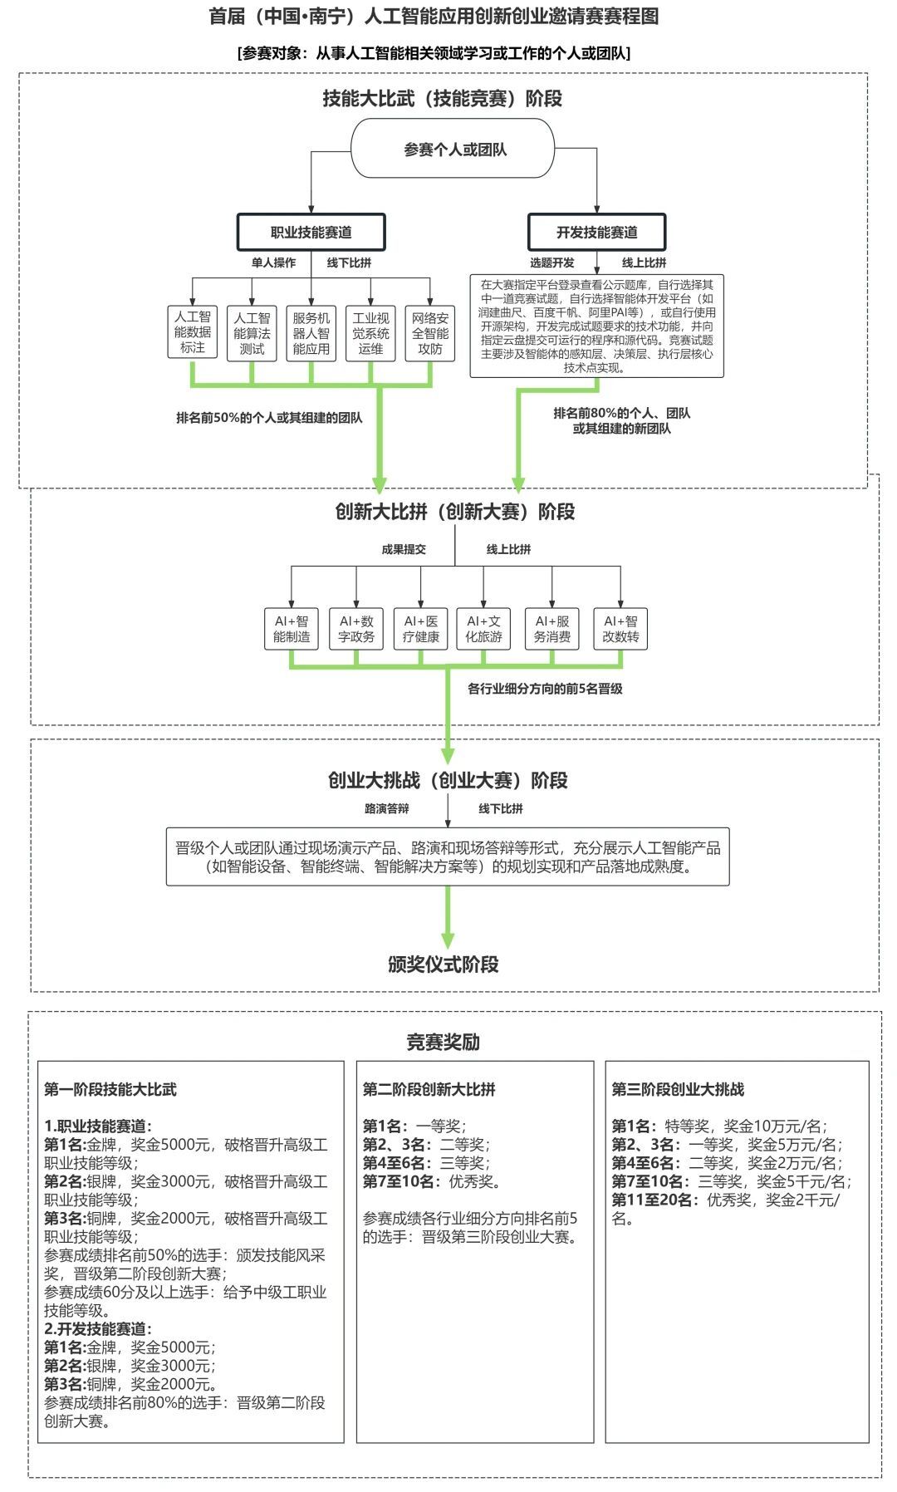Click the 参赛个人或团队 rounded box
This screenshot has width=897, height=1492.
[453, 150]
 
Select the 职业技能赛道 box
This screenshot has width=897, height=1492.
[311, 233]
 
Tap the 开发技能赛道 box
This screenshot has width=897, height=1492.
[596, 233]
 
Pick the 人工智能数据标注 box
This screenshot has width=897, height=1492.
[193, 332]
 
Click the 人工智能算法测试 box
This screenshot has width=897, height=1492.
[252, 332]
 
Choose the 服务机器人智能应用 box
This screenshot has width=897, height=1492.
[311, 332]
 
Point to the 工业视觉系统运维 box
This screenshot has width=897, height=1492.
[370, 332]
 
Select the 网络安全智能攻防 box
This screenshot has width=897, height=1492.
[430, 332]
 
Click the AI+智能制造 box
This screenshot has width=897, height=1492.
[292, 629]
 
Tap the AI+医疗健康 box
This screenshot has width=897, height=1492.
[421, 629]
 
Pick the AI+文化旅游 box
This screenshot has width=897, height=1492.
[484, 629]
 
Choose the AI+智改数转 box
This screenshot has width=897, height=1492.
[620, 629]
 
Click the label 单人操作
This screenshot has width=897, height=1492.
[273, 263]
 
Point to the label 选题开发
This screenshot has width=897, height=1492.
[551, 263]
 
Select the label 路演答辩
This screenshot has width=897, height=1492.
[386, 808]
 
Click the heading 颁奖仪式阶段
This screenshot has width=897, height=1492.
[444, 964]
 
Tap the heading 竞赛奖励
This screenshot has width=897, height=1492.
[443, 1042]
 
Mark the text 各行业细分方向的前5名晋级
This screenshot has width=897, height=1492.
[545, 689]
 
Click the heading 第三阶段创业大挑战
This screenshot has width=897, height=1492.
[678, 1089]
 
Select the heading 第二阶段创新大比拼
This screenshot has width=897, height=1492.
[429, 1089]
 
